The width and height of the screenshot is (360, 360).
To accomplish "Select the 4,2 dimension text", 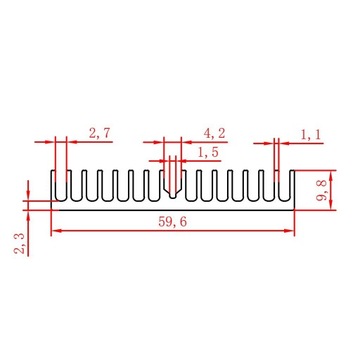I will (x=215, y=132).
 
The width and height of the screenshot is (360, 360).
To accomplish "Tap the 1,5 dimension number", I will (x=208, y=152).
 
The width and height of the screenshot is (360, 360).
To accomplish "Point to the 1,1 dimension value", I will (x=312, y=132).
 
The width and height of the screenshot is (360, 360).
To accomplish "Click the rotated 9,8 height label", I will (x=321, y=189).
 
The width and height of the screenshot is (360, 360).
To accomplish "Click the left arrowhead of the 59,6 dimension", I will (x=56, y=231).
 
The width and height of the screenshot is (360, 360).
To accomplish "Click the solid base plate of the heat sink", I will (x=173, y=205).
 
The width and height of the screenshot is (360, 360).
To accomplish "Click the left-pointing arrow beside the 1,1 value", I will (x=286, y=143).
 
